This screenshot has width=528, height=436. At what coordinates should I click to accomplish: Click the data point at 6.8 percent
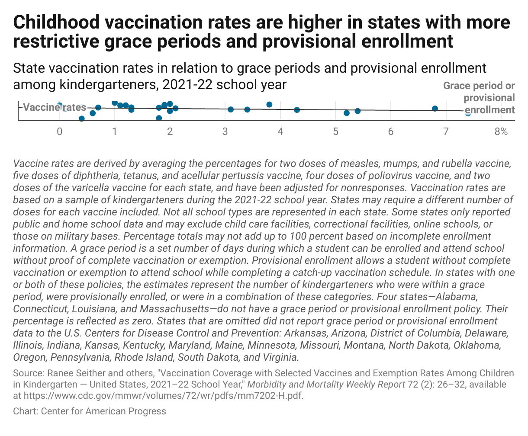435,109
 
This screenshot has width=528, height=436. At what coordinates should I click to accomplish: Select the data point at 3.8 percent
269,105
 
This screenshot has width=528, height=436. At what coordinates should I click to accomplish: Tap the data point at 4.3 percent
297,110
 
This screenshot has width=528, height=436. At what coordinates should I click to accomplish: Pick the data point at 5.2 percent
346,113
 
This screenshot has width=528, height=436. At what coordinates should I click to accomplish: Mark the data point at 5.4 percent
357,111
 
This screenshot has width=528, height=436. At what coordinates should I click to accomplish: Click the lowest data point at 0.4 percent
81,119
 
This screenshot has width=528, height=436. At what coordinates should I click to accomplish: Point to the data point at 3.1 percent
231,109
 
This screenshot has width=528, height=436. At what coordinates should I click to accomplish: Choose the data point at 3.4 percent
247,109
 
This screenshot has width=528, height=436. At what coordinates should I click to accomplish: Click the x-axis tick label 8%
501,131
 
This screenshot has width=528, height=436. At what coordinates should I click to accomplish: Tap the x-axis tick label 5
335,131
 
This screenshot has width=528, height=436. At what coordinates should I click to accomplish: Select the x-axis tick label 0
60,131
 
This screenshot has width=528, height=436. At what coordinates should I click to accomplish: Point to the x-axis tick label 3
225,131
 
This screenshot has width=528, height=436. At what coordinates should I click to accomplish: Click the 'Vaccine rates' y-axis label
54,108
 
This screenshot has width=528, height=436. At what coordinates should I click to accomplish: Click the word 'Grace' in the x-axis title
455,86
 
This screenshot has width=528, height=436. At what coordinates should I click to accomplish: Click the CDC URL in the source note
162,395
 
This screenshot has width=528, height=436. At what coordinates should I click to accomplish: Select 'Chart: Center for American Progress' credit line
90,411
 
